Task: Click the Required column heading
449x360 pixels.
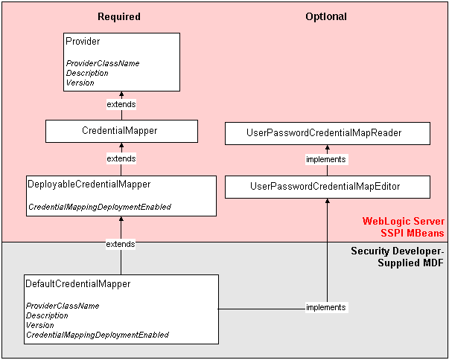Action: point(118,16)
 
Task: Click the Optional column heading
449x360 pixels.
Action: point(326,16)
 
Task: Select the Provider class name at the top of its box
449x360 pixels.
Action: point(83,42)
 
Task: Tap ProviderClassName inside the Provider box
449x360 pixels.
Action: point(102,63)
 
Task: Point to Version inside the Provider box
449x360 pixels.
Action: point(80,83)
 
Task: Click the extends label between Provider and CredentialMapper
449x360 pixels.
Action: point(121,104)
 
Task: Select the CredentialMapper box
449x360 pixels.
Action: point(121,131)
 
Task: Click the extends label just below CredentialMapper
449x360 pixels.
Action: point(121,158)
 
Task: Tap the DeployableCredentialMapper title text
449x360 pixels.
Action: point(89,184)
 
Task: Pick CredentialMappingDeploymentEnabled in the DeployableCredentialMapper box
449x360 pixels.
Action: point(99,207)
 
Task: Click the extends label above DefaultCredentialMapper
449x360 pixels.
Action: point(121,244)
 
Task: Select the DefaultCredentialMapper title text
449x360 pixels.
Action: point(77,284)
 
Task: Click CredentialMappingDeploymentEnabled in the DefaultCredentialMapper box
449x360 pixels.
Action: point(97,335)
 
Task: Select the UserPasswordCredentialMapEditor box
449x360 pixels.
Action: point(327,187)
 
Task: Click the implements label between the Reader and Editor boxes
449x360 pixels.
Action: point(326,159)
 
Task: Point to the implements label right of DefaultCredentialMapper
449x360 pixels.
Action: point(326,307)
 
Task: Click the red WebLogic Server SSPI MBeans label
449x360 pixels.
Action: point(403,227)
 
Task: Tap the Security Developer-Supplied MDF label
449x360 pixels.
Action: point(398,257)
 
